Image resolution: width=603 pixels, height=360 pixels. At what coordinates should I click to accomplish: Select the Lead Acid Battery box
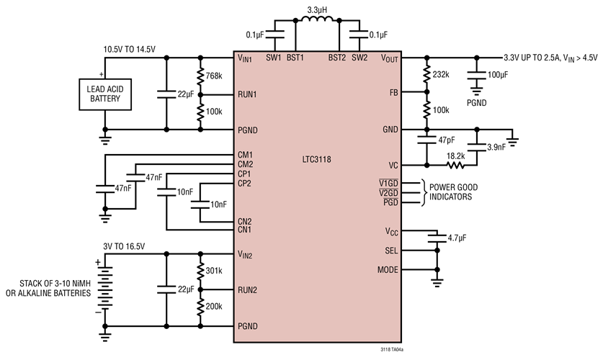(105, 94)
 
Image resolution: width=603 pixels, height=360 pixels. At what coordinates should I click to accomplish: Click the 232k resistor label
(440, 74)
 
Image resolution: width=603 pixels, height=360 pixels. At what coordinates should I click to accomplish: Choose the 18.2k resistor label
(456, 155)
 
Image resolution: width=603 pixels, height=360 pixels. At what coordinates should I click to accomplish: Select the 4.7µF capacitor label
(457, 236)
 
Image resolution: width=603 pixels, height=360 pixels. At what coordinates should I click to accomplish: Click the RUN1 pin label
(247, 94)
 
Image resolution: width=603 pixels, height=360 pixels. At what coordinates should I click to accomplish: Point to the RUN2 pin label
(247, 290)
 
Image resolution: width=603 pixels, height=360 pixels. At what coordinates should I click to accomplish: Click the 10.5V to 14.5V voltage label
(130, 49)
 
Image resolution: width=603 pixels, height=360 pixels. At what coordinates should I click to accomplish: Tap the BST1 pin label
(295, 57)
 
